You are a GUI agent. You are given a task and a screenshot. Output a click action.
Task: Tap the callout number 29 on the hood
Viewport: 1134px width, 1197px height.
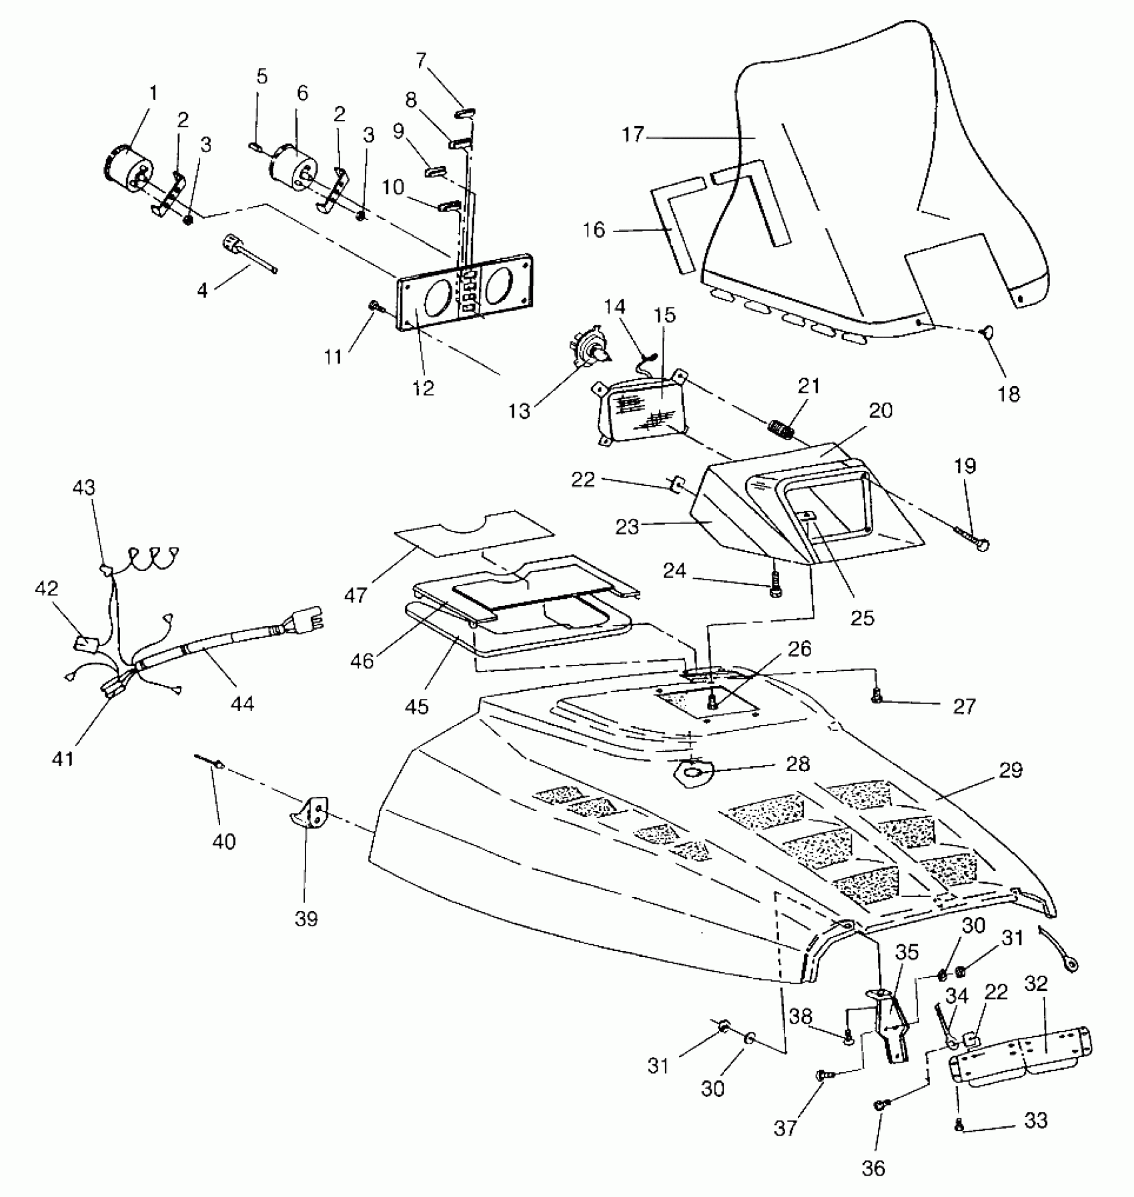pos(1011,770)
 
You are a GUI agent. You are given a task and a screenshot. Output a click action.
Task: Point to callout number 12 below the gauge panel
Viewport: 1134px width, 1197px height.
pos(423,388)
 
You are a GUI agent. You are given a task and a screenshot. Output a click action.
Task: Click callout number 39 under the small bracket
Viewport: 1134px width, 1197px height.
pos(306,918)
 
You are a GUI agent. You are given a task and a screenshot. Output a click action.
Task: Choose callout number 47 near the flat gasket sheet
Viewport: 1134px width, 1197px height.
pos(356,594)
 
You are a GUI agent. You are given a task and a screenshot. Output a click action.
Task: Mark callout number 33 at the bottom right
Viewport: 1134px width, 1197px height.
pos(1035,1121)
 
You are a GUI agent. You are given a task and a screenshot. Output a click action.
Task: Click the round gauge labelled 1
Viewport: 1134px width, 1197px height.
pos(127,167)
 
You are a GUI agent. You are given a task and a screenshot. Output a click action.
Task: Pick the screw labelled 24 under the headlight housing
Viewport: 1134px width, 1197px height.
pos(775,585)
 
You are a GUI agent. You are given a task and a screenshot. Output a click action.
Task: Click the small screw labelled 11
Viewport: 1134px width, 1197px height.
pos(374,306)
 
